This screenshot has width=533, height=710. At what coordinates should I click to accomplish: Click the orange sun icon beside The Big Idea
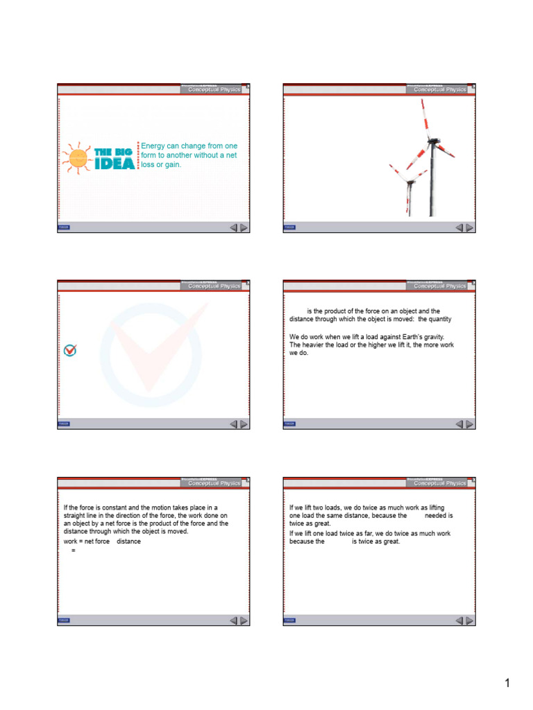coord(77,159)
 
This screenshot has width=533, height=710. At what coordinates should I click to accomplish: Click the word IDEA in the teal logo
coord(115,164)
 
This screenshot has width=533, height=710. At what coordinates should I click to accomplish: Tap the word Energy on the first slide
coord(153,146)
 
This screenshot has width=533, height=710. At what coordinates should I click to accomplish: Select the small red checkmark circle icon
coord(70,350)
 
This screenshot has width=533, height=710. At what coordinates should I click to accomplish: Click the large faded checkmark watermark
coord(153,351)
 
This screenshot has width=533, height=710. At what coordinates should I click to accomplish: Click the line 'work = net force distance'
coord(102,541)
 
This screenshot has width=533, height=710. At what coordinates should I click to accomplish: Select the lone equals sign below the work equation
coord(73,550)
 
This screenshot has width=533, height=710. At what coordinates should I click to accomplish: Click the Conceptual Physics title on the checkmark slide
coord(214,286)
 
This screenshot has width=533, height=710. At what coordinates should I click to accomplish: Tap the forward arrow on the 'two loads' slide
coord(470,621)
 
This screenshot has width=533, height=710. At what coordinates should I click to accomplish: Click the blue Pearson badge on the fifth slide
coord(64,621)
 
